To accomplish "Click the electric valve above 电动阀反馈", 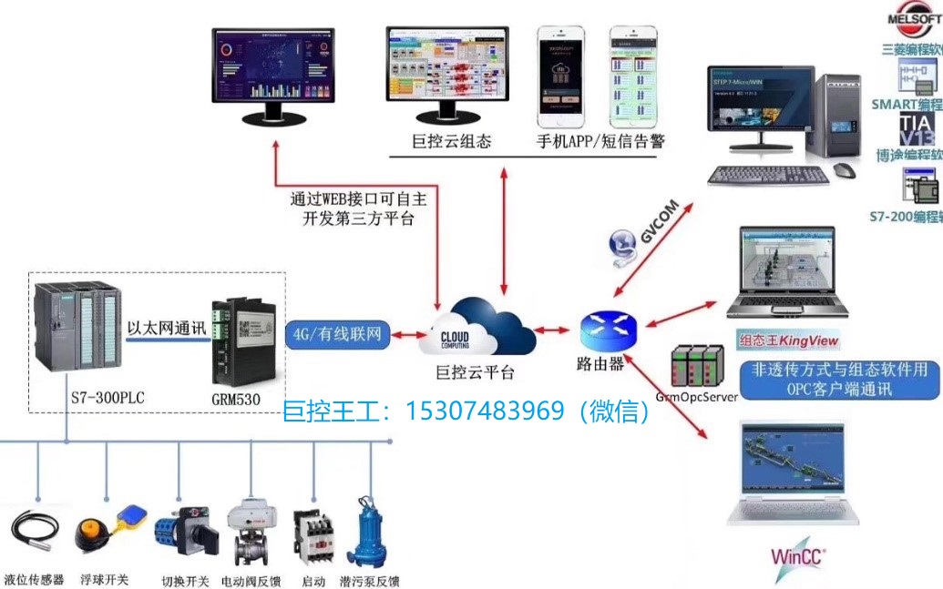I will (249, 533).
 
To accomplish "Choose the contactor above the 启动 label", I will (313, 538).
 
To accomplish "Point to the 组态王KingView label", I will (788, 341).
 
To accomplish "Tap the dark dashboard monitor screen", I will (275, 68).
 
